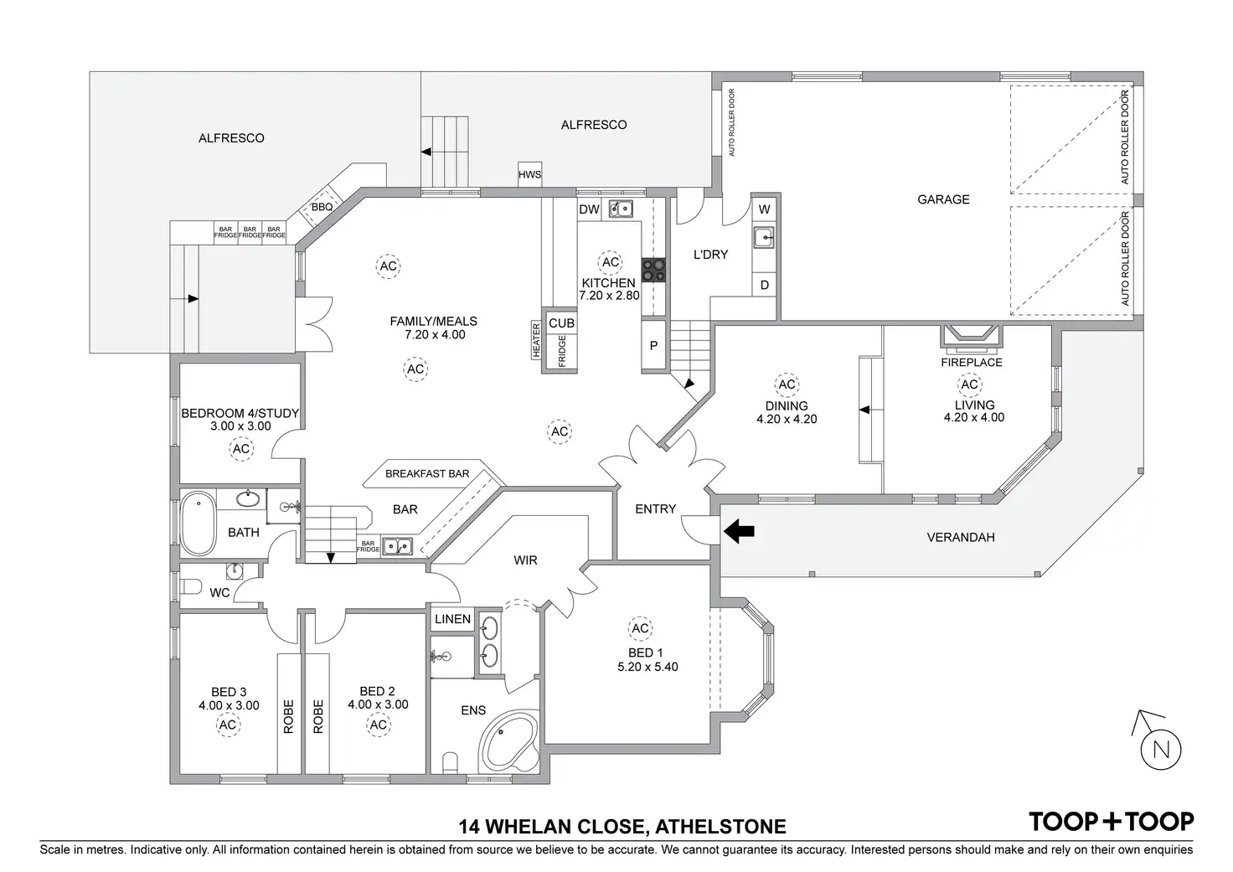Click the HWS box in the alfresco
point(529,174)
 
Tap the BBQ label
point(322,207)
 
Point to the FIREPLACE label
point(971,363)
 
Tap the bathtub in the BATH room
point(199,524)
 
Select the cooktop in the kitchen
point(653,270)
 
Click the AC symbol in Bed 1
point(640,628)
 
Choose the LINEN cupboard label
point(452,620)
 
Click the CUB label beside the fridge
point(561,322)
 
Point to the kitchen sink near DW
point(621,209)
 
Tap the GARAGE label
point(943,199)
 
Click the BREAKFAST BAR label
point(427,473)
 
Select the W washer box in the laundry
point(764,209)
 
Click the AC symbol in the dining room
point(786,384)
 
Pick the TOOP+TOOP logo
point(1111,822)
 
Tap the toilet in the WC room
point(191,586)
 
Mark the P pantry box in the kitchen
point(653,346)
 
